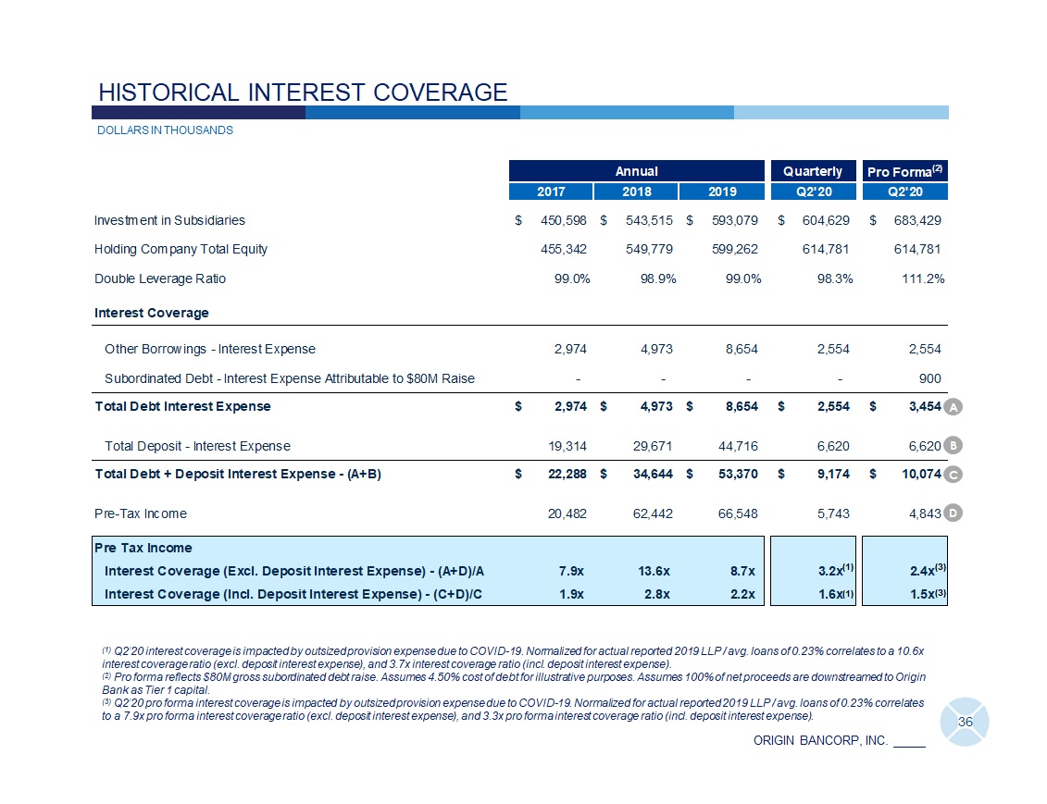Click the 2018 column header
[x=636, y=192]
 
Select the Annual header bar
[x=636, y=170]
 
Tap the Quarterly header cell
[x=812, y=170]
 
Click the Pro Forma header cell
[x=904, y=170]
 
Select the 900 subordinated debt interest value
[x=929, y=378]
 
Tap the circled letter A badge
[x=955, y=407]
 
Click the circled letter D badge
[x=955, y=512]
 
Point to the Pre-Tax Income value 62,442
[x=650, y=513]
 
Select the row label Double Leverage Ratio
[x=159, y=278]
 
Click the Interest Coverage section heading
[x=151, y=313]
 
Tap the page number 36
[x=966, y=722]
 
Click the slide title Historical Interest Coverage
[x=303, y=92]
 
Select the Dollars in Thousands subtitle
[x=165, y=130]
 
